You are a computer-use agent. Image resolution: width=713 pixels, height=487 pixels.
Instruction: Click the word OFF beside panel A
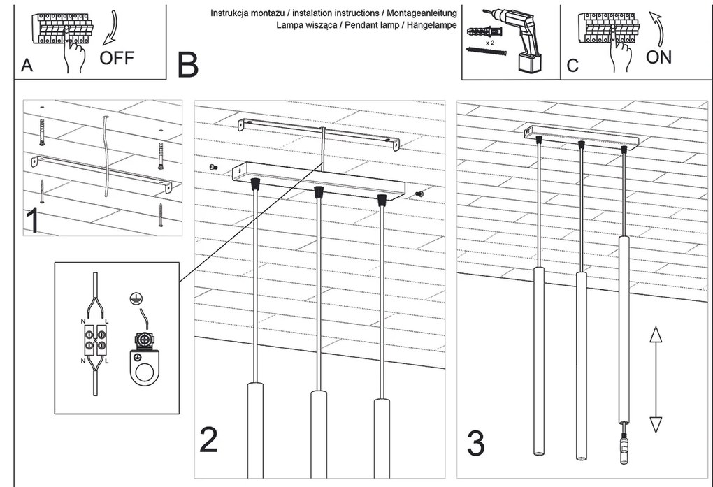pyautogui.click(x=117, y=57)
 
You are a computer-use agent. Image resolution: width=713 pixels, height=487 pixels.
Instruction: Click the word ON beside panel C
pyautogui.click(x=658, y=57)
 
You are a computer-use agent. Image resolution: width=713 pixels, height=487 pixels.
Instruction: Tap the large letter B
pyautogui.click(x=188, y=65)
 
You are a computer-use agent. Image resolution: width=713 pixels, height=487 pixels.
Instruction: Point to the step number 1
pyautogui.click(x=32, y=219)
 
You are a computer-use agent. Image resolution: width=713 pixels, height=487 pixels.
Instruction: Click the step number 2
pyautogui.click(x=208, y=439)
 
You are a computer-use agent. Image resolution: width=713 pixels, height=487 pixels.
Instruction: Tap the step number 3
pyautogui.click(x=475, y=444)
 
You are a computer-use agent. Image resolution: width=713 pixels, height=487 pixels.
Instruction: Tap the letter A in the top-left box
pyautogui.click(x=27, y=65)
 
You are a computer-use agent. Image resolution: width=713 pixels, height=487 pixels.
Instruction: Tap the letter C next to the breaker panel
pyautogui.click(x=572, y=66)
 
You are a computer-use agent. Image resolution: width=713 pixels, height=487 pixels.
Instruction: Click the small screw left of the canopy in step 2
pyautogui.click(x=213, y=167)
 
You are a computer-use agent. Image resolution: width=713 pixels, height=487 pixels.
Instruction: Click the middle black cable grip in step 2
pyautogui.click(x=318, y=191)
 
